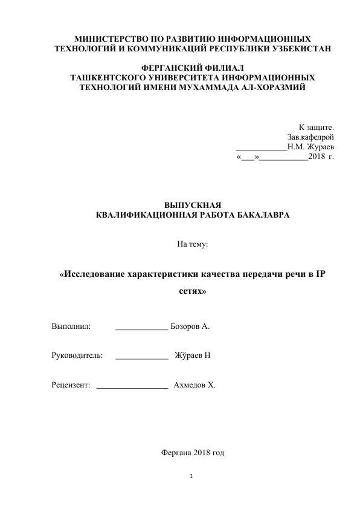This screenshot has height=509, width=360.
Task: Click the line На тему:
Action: click(x=193, y=244)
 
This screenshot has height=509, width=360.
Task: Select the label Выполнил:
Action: click(x=71, y=326)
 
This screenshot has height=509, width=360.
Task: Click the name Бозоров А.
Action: click(x=190, y=326)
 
